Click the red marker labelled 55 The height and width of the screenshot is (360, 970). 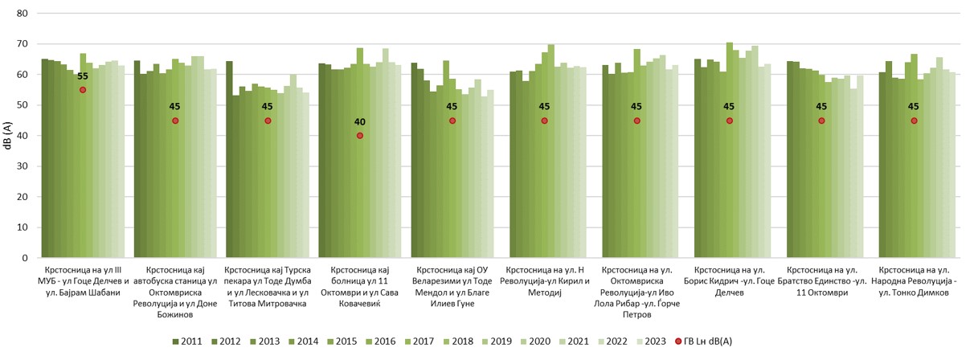[82, 90]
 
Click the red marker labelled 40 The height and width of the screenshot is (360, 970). [360, 136]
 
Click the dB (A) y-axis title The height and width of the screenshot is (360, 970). [7, 136]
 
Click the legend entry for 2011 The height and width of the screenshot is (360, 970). [186, 342]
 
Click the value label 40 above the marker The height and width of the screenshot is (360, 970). [360, 122]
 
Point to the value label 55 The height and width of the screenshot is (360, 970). [82, 77]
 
